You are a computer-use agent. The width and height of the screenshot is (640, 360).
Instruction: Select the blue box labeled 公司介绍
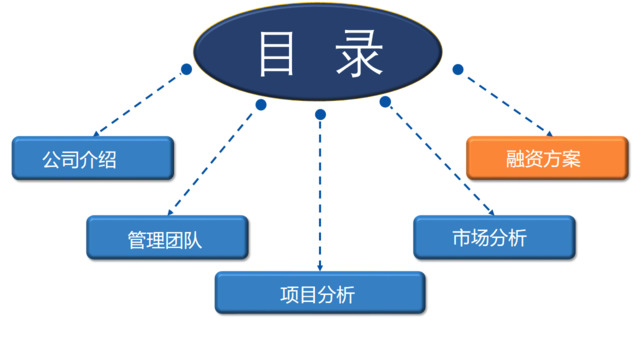92,158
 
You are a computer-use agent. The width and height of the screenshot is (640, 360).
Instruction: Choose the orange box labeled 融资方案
547,158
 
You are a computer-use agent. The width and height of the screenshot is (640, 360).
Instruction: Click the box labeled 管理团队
166,238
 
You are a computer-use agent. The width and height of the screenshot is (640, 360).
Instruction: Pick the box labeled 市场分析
495,237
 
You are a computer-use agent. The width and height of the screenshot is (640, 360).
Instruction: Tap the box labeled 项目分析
320,293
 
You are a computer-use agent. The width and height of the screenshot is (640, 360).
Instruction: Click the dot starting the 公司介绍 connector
186,69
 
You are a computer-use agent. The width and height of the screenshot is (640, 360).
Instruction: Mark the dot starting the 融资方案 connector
457,69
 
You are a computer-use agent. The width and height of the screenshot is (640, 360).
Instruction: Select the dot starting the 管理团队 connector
261,104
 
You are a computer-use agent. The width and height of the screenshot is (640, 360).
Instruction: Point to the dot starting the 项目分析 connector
320,115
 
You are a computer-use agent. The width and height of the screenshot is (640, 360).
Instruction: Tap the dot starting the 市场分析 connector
384,101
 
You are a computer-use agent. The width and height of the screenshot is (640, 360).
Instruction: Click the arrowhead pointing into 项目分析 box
320,268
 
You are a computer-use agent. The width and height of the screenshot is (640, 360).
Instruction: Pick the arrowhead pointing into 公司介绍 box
96,135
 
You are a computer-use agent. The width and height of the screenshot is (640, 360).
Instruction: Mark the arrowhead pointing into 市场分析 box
472,211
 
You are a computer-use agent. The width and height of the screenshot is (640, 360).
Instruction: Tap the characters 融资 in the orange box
528,158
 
